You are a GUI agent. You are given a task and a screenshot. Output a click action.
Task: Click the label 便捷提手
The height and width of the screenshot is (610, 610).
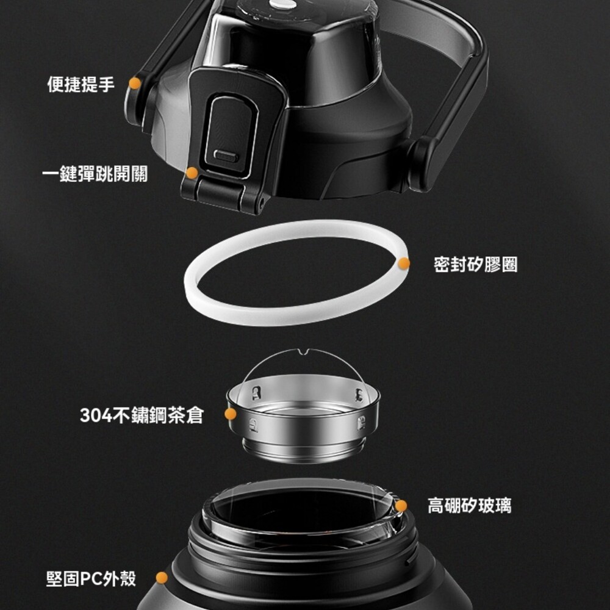coord(81,84)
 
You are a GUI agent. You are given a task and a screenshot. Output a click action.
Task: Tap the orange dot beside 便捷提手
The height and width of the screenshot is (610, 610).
coord(135,83)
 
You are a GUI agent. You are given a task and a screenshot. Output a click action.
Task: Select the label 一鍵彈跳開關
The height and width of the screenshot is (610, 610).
coord(95,173)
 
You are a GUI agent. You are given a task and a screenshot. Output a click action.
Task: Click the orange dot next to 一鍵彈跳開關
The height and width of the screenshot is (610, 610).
coord(192,173)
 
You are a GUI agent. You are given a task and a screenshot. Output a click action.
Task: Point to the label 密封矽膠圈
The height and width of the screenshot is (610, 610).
coord(475,265)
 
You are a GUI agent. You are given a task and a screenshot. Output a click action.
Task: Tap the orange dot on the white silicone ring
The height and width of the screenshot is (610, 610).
coord(404,264)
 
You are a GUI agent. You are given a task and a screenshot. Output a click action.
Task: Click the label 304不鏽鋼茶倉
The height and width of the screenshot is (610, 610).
coord(142,415)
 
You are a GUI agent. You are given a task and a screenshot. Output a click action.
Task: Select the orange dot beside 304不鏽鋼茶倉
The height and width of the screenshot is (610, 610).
coord(231,414)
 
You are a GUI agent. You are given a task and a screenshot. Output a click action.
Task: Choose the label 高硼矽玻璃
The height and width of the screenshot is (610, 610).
coord(470,505)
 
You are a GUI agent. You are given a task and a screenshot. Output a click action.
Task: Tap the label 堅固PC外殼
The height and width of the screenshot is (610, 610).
coord(91,578)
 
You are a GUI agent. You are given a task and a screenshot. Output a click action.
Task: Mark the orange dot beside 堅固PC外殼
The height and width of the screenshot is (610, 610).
coord(162,578)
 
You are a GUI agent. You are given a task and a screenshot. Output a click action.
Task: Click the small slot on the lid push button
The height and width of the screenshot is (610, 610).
coord(226,156)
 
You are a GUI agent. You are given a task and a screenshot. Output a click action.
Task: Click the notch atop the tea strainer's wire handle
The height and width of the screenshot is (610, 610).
coord(303,352)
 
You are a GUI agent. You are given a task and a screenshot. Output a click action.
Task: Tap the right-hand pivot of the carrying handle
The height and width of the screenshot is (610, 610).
coord(425,163)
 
